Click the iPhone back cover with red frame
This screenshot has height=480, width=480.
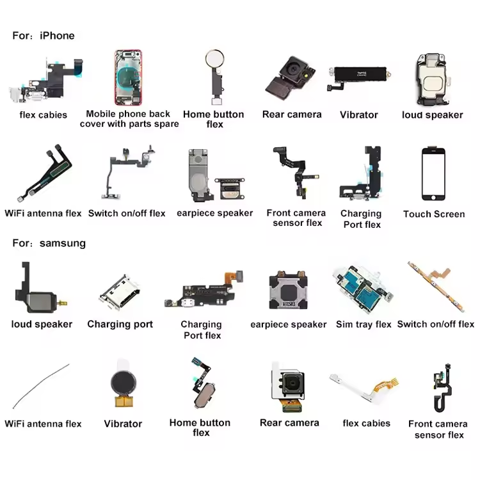point(128,78)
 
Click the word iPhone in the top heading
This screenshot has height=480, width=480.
point(57,36)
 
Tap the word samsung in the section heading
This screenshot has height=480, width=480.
point(62,243)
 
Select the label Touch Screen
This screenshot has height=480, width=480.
point(434,214)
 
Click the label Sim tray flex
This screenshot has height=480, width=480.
point(364,324)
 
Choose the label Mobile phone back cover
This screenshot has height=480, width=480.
point(129,114)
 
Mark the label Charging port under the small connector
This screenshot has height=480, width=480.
point(120,324)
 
